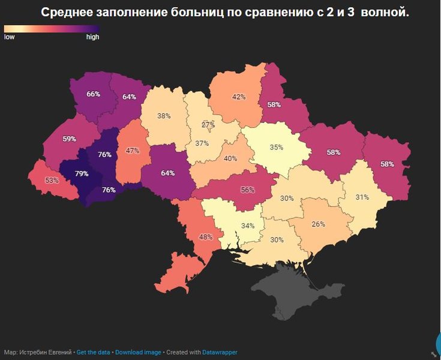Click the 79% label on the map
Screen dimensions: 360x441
coord(82,174)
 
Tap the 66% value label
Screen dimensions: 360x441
coord(93,94)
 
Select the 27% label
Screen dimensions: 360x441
coord(208,124)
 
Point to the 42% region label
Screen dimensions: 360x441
coord(239,97)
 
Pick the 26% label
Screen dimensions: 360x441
coord(318,224)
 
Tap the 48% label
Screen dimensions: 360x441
coord(206,237)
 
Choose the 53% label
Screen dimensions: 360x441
coord(52,180)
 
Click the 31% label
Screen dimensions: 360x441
coord(361,197)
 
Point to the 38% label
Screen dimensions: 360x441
coord(164,116)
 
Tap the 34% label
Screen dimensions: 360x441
coord(248,226)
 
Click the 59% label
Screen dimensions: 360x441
coord(69,139)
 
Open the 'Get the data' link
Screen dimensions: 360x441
coord(94,352)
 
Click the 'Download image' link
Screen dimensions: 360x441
coord(138,352)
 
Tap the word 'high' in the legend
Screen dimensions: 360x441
coord(92,37)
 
